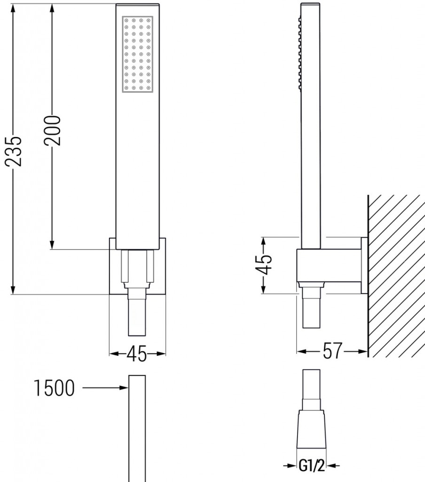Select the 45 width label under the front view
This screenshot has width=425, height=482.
[x=137, y=353]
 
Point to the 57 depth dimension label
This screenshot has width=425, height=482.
[x=332, y=351]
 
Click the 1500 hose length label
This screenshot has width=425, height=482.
[x=55, y=388]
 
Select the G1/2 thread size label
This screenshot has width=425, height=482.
[x=311, y=467]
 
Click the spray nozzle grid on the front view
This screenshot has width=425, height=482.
[x=137, y=55]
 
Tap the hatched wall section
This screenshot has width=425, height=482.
[x=396, y=273]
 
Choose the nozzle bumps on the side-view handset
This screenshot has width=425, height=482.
[x=299, y=52]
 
